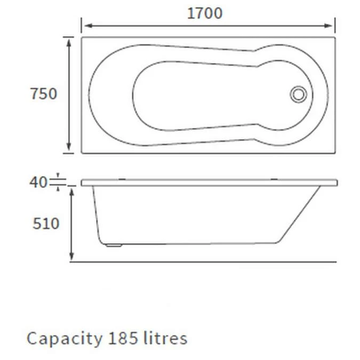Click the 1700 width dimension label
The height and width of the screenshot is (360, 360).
pyautogui.click(x=205, y=13)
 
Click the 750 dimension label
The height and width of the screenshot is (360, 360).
pyautogui.click(x=43, y=94)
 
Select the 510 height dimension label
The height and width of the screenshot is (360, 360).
pyautogui.click(x=46, y=223)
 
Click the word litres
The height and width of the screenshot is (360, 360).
pyautogui.click(x=166, y=338)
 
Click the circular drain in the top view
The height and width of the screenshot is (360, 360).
pyautogui.click(x=298, y=94)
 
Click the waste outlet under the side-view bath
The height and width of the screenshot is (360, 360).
pyautogui.click(x=114, y=246)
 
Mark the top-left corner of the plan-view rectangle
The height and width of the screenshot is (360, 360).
pyautogui.click(x=82, y=37)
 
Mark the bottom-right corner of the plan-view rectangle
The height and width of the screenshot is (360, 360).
pyautogui.click(x=335, y=153)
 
